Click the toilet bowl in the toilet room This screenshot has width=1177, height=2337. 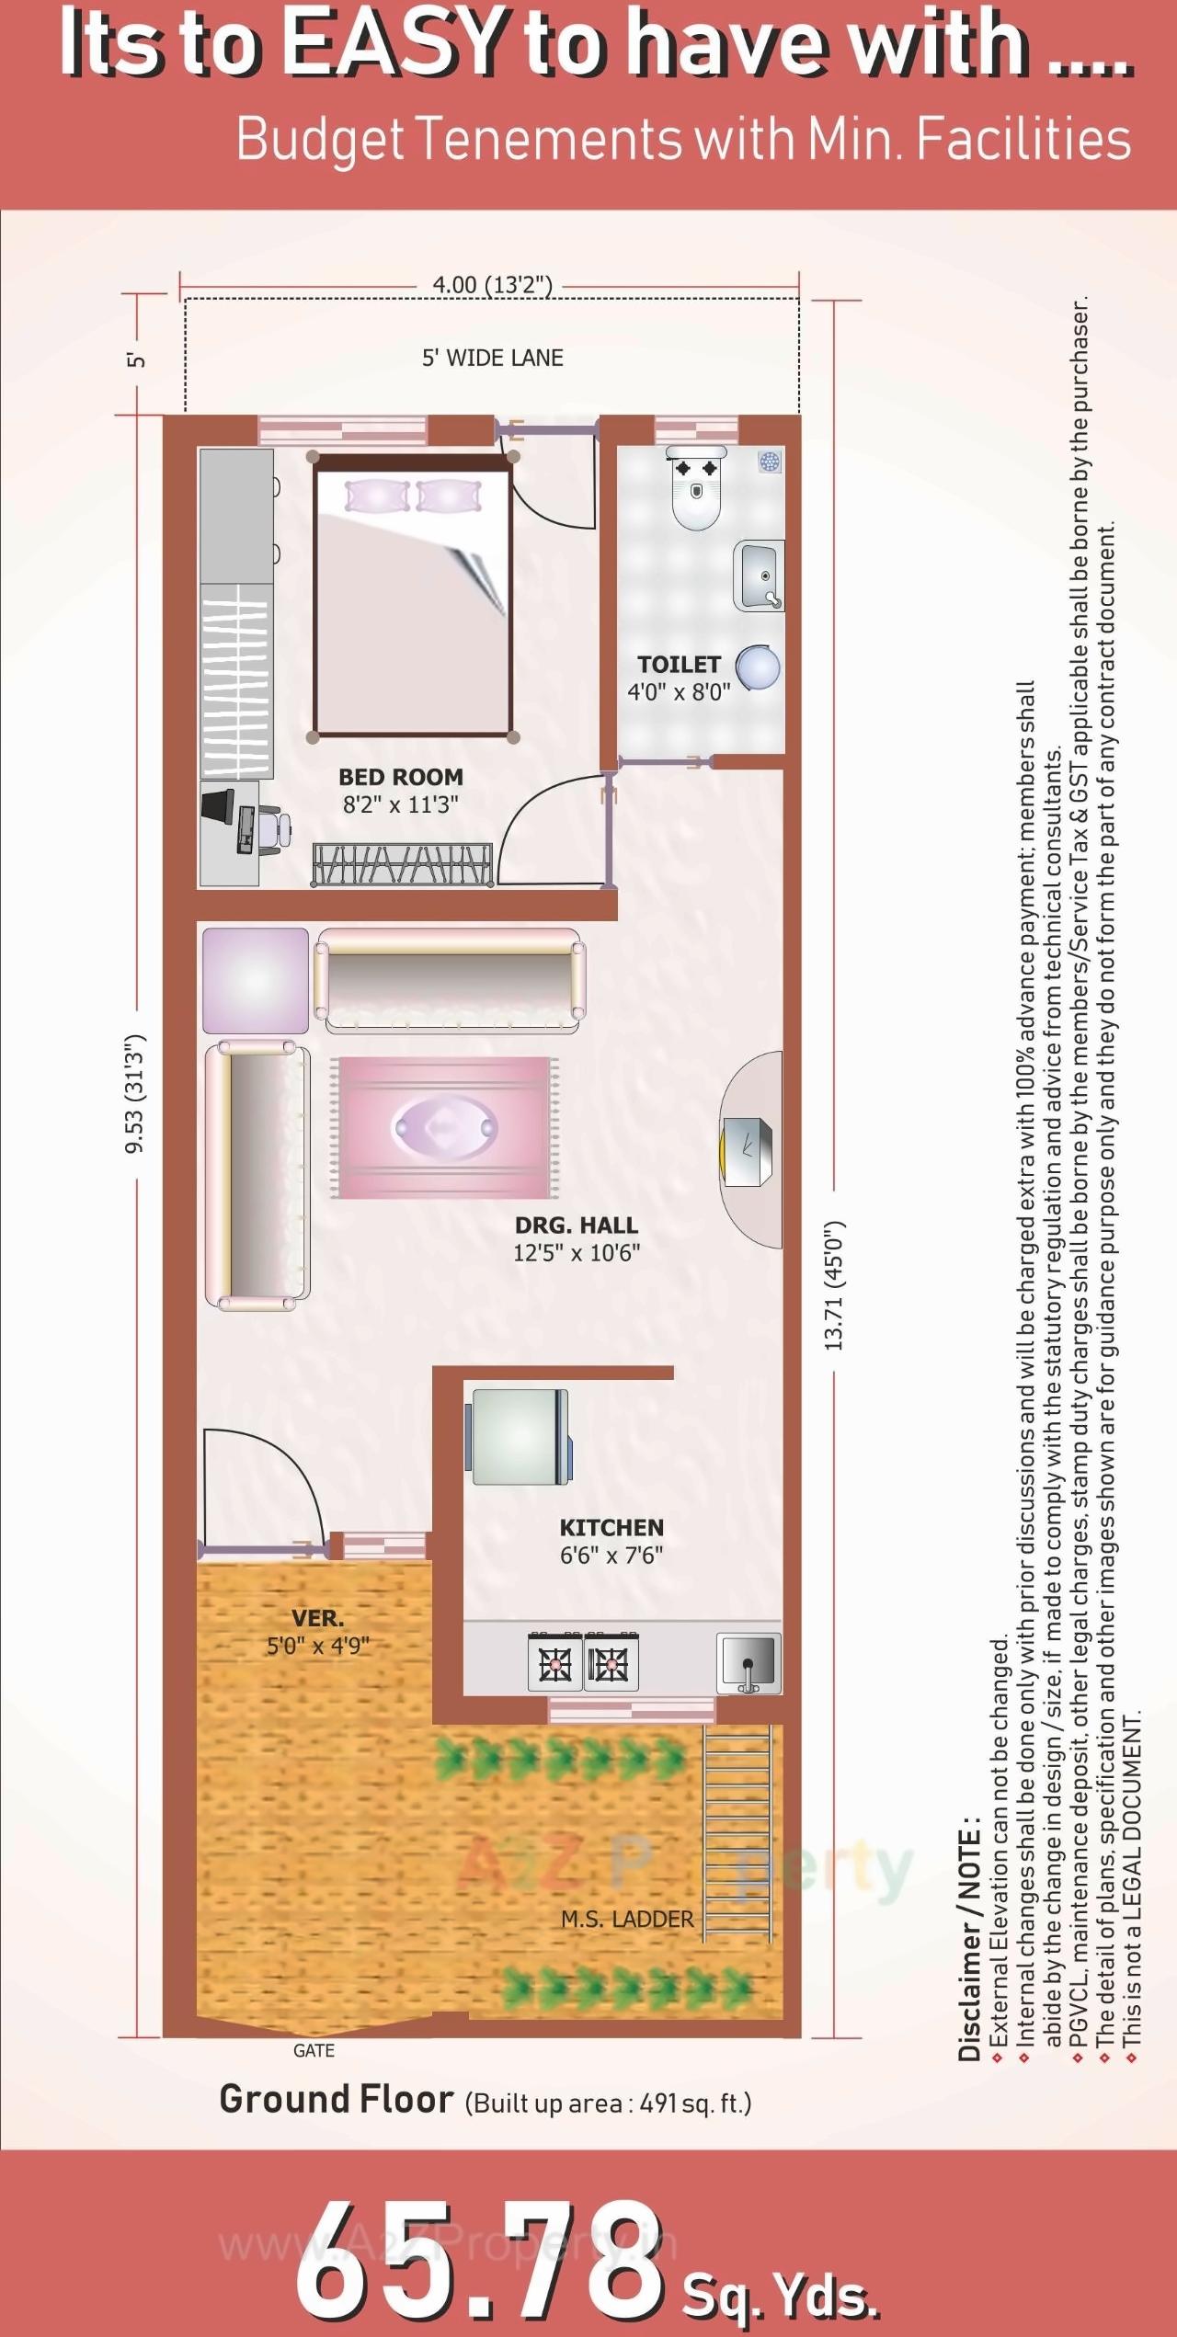click(x=695, y=493)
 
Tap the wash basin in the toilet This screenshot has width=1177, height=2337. click(x=760, y=576)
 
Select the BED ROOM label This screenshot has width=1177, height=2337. click(x=400, y=777)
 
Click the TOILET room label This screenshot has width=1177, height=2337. click(x=679, y=664)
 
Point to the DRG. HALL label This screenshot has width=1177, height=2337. click(x=576, y=1225)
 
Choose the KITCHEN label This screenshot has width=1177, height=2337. click(x=611, y=1528)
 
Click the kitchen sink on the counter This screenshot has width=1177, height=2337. click(x=748, y=1662)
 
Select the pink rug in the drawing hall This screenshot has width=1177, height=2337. click(x=445, y=1127)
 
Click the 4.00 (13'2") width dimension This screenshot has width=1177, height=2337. click(x=492, y=285)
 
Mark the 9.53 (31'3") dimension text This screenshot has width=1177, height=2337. click(x=135, y=1093)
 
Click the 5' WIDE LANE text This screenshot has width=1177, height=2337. click(x=492, y=358)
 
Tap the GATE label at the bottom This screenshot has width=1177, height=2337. click(x=314, y=2051)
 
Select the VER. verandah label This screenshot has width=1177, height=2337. click(x=318, y=1618)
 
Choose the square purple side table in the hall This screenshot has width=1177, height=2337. click(x=255, y=980)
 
